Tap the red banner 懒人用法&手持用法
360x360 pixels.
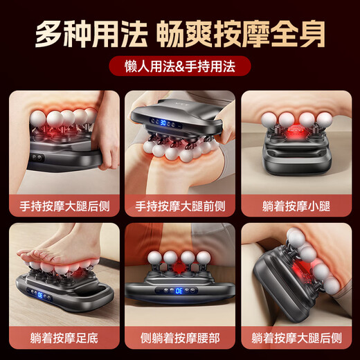pyautogui.click(x=179, y=67)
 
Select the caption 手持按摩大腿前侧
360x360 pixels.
pyautogui.click(x=180, y=205)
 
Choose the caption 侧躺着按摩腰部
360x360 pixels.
pyautogui.click(x=180, y=339)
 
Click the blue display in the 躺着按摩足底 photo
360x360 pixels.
pyautogui.click(x=43, y=296)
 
